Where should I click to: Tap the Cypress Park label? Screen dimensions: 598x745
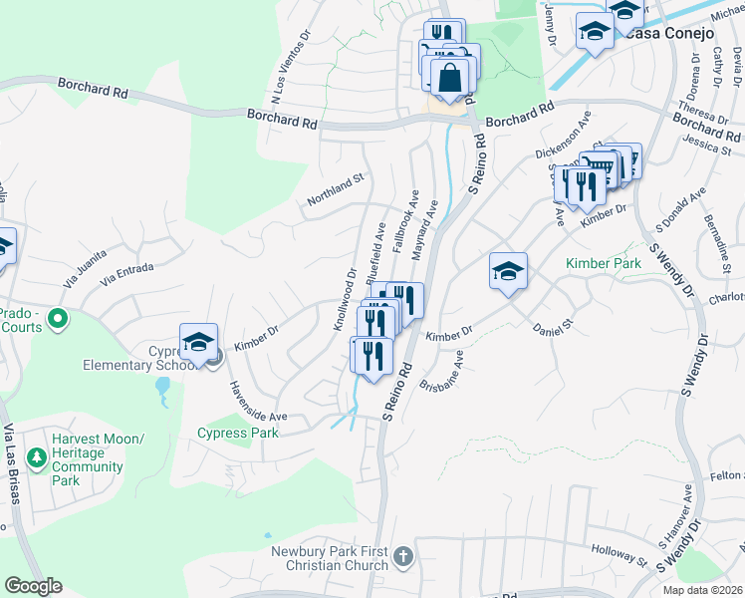pos(238,433)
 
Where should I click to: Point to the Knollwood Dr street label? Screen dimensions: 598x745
pos(345,299)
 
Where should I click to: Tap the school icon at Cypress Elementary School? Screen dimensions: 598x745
pos(198,342)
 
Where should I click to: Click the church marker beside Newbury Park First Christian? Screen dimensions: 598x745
pos(402,556)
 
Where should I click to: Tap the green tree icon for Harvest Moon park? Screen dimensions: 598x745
pos(37,458)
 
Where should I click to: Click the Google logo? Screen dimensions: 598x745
pos(33,586)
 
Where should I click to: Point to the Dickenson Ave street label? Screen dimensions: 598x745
pos(563,141)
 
